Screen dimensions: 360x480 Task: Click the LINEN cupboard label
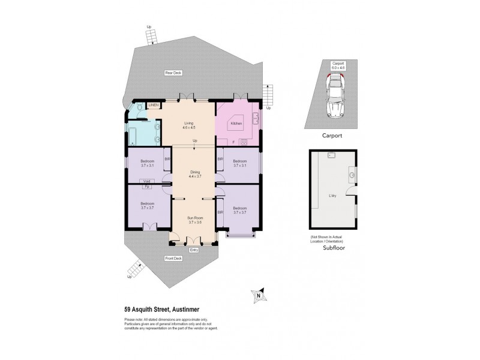coord(154,106)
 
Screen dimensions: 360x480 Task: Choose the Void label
coord(147,181)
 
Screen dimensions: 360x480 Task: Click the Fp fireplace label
coord(147,187)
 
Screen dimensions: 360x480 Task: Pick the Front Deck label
coord(173,259)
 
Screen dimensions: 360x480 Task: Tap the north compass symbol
coord(258,295)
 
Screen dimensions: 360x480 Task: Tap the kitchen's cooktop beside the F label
coord(244,142)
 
